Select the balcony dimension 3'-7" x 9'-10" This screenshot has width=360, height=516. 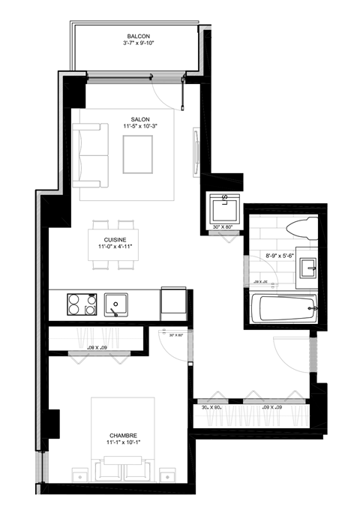pos(136,43)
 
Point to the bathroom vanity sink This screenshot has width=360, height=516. pos(307,268)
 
